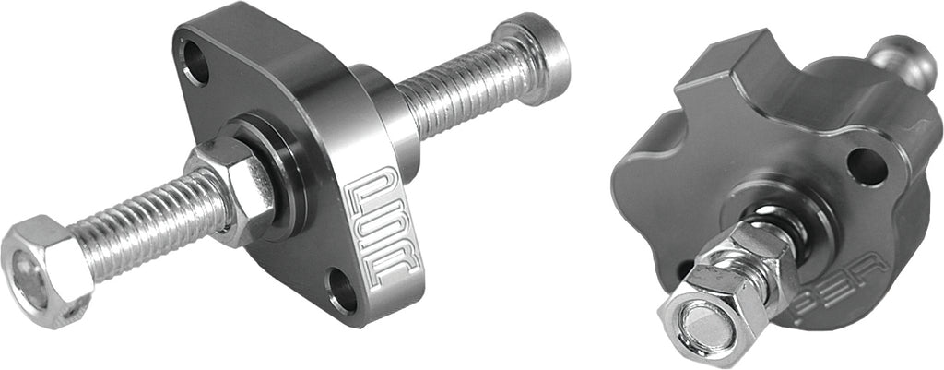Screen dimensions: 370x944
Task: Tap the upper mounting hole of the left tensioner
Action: tap(196, 62)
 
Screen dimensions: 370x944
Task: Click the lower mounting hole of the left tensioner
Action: tap(342, 289)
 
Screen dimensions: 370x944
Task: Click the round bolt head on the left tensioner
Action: tap(532, 45)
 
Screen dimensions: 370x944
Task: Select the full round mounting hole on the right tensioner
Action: tap(867, 167)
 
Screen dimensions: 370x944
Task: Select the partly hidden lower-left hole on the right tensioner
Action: tap(684, 269)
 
